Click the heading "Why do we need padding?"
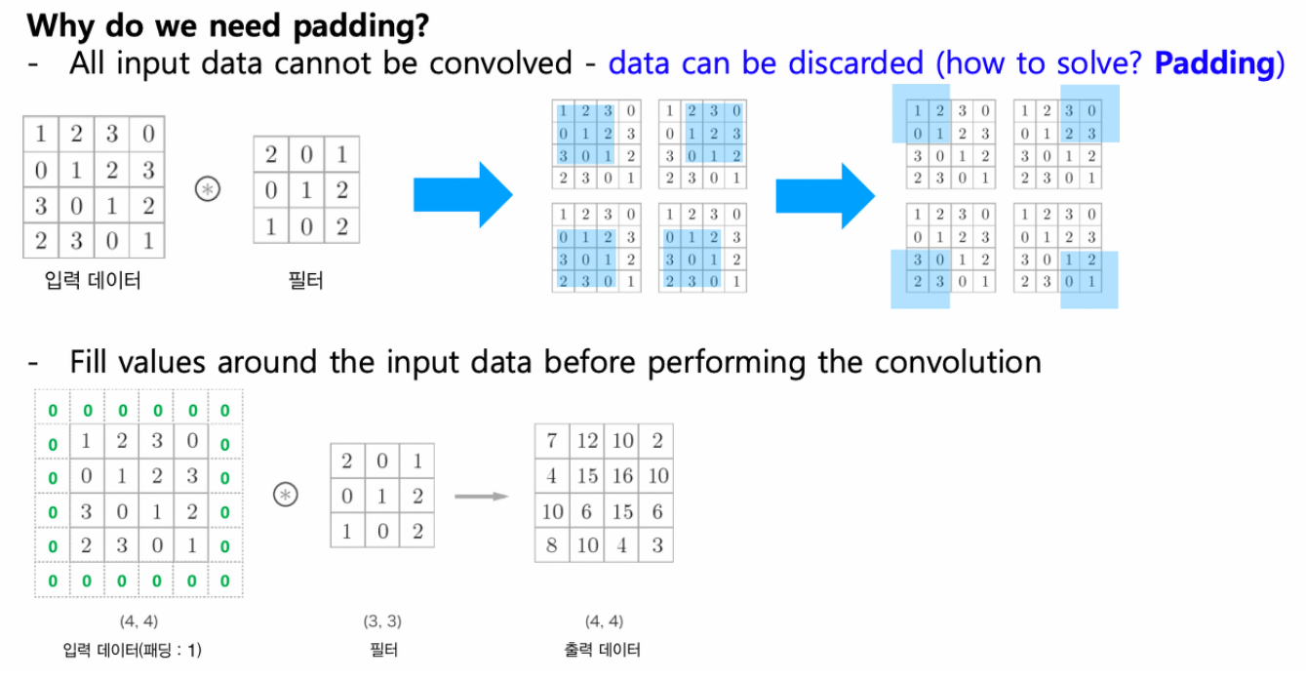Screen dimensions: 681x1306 (x=219, y=24)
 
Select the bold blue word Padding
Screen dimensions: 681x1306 (x=1212, y=64)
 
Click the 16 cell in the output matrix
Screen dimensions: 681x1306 (x=622, y=475)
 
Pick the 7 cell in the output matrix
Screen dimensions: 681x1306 (x=552, y=441)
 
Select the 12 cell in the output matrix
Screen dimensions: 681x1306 (x=587, y=441)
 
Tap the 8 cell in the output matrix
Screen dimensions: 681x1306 (x=552, y=545)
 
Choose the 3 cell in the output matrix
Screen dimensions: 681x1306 (x=656, y=545)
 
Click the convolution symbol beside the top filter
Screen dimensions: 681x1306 (x=206, y=190)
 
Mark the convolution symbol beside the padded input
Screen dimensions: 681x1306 (x=285, y=496)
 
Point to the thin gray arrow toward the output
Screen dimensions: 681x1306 (x=484, y=497)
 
